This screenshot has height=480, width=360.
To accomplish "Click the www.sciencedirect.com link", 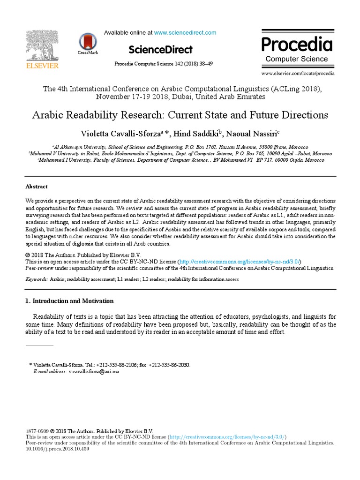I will [x=185, y=33].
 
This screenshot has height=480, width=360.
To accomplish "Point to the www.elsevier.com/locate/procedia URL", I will [x=298, y=73].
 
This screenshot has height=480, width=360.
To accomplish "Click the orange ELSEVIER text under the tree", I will [x=42, y=66].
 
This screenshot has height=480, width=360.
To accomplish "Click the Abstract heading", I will [x=37, y=187].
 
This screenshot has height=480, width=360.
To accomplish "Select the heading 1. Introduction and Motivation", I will [x=69, y=301].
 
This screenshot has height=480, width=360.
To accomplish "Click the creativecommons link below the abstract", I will [x=239, y=262].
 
